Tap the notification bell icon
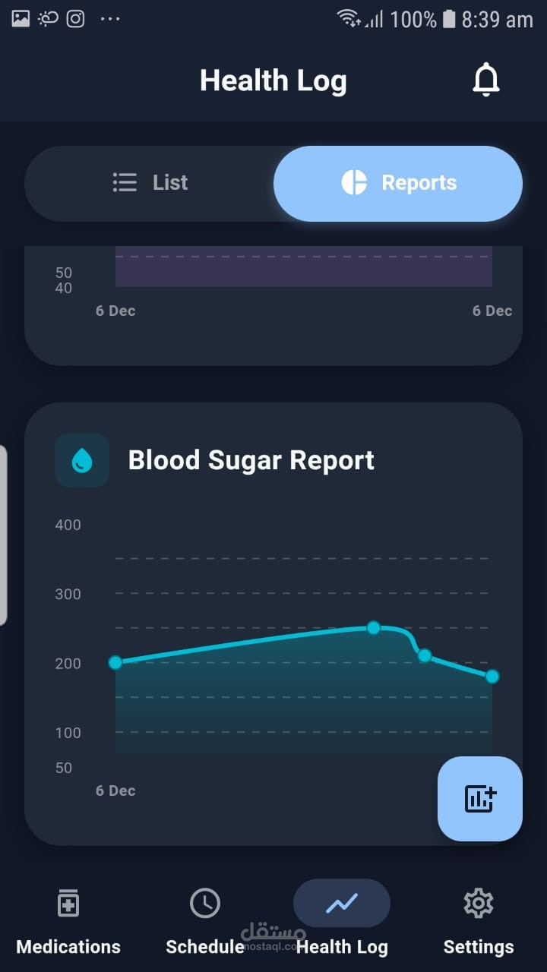[x=486, y=80]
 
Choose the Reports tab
[x=398, y=183]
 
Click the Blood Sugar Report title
[x=251, y=460]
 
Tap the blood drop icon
[x=82, y=460]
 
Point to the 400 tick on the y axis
[x=68, y=525]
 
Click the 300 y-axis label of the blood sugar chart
[x=68, y=594]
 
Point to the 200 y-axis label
[x=68, y=664]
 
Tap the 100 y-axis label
[x=68, y=733]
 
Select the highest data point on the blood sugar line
[x=373, y=627]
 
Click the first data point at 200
[x=115, y=662]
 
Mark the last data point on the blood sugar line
[x=492, y=676]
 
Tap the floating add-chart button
[x=480, y=798]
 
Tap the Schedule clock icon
[x=205, y=903]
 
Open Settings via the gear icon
[x=479, y=903]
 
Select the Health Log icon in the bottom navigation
[x=342, y=903]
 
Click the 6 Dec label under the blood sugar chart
[x=115, y=791]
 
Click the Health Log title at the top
[x=273, y=80]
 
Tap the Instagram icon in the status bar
[x=75, y=18]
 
